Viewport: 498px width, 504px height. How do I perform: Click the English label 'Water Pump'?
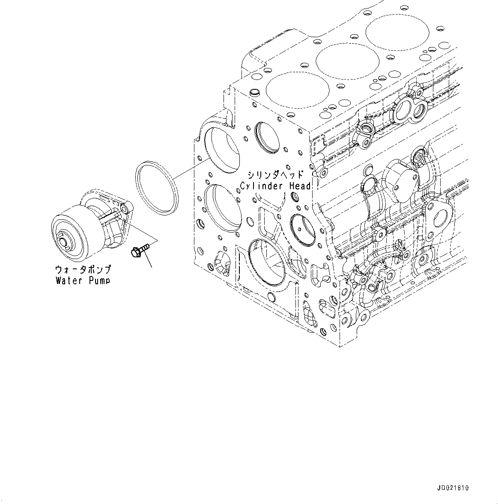tap(83, 280)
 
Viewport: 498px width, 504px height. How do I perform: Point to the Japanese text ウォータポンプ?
tap(83, 270)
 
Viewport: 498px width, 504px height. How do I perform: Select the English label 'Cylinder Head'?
tap(275, 186)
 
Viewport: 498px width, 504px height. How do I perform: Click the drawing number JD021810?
tap(453, 488)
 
